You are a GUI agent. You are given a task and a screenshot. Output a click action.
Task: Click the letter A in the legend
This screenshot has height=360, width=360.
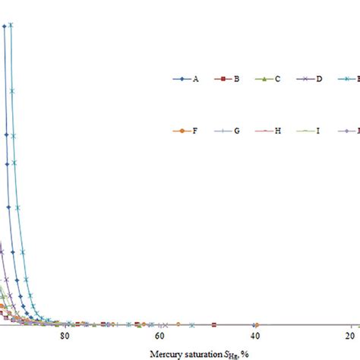196,78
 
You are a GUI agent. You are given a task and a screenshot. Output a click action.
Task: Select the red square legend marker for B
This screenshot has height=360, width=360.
219,78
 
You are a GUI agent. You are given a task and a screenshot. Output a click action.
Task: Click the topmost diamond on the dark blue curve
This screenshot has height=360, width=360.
5,26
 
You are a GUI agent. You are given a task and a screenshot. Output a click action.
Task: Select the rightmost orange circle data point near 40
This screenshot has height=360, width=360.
256,324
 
